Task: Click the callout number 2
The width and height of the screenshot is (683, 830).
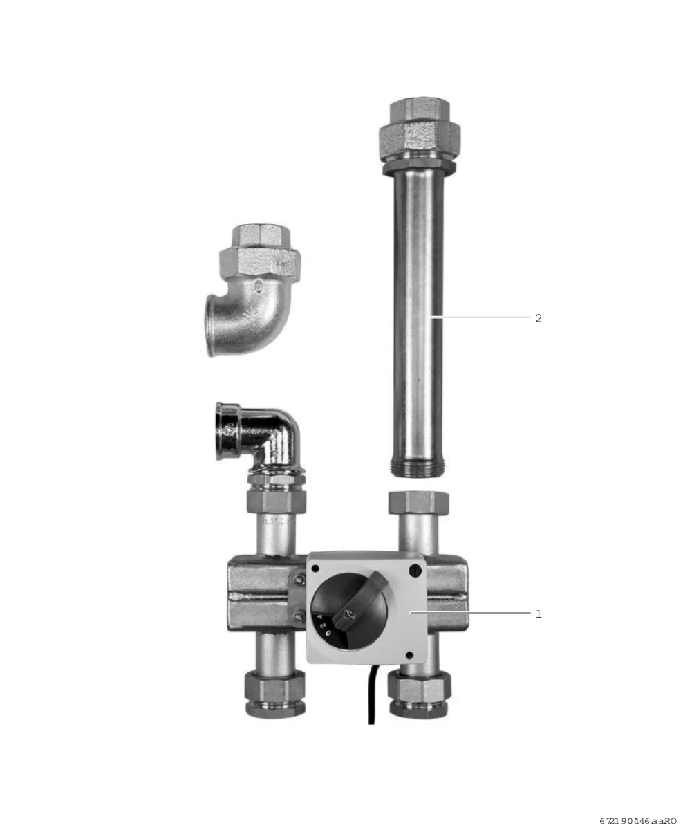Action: pyautogui.click(x=539, y=318)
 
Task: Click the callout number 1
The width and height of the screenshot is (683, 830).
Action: pyautogui.click(x=539, y=614)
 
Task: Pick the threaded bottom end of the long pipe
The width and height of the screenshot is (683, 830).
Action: pyautogui.click(x=418, y=465)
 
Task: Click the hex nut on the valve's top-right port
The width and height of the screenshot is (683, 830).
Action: pyautogui.click(x=418, y=501)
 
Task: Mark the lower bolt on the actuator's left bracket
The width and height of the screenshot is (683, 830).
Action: pyautogui.click(x=299, y=616)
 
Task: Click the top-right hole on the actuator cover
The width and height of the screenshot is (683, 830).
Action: pyautogui.click(x=414, y=571)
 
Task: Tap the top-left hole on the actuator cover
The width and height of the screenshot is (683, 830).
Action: pyautogui.click(x=315, y=569)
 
